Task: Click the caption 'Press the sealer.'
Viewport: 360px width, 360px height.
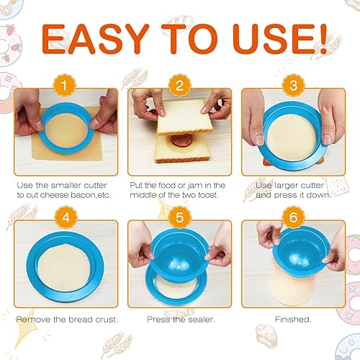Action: (x=180, y=318)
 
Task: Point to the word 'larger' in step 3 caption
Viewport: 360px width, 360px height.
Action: (x=279, y=184)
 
